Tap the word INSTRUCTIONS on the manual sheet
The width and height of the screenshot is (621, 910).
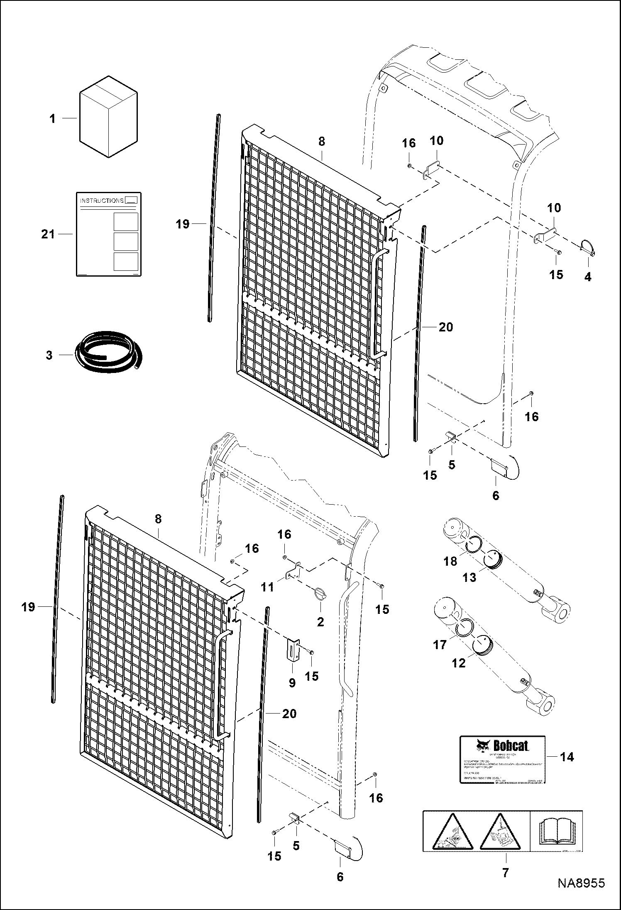pos(102,201)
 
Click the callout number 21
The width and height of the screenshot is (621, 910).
pos(48,234)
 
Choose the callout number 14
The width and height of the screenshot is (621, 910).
pos(567,757)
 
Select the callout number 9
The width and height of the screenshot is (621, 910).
pos(292,682)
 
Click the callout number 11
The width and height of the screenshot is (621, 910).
pos(267,587)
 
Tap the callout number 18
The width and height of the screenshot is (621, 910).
pos(450,562)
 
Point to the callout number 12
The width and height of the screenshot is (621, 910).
pos(459,663)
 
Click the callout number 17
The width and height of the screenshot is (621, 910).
pos(440,645)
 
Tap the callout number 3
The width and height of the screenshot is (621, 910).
pos(49,356)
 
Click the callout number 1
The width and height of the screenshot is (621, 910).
pos(52,119)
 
